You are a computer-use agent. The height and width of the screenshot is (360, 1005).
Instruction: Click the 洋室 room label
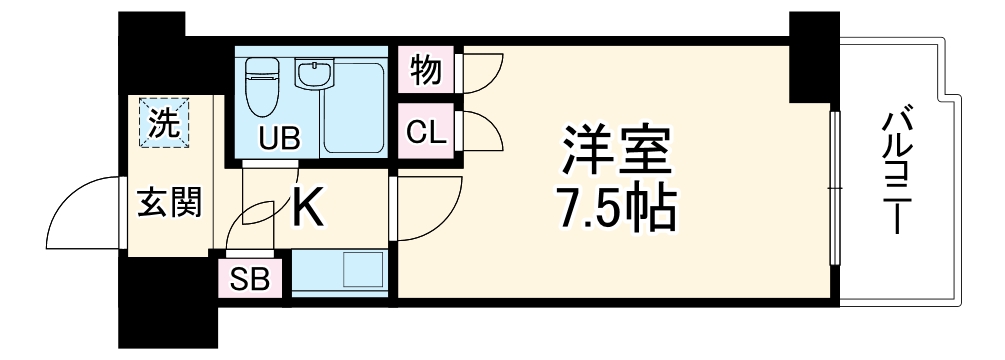pyautogui.click(x=613, y=153)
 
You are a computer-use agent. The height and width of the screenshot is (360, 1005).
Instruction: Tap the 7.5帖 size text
pyautogui.click(x=613, y=208)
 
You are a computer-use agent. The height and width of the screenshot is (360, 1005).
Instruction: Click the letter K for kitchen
pyautogui.click(x=307, y=207)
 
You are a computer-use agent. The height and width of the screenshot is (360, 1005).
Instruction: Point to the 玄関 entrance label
pyautogui.click(x=169, y=202)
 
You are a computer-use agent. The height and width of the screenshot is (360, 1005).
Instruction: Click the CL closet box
pyautogui.click(x=425, y=130)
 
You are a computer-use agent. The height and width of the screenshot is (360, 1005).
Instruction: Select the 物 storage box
pyautogui.click(x=425, y=71)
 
